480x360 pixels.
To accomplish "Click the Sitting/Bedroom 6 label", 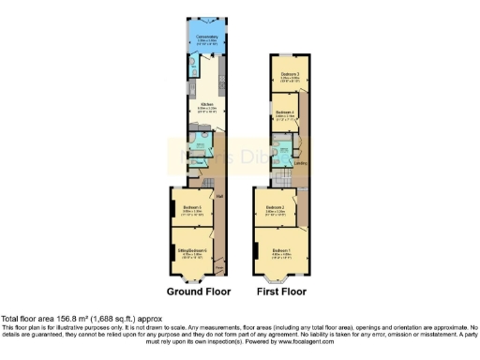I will pyautogui.click(x=192, y=248).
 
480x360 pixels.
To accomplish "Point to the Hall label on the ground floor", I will pyautogui.click(x=219, y=195).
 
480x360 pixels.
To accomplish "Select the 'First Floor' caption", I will pyautogui.click(x=283, y=292).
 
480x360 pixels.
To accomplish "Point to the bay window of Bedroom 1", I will pyautogui.click(x=279, y=278).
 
